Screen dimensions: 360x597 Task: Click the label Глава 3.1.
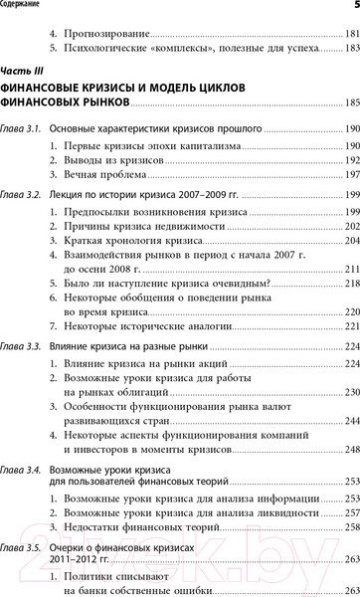21,130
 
